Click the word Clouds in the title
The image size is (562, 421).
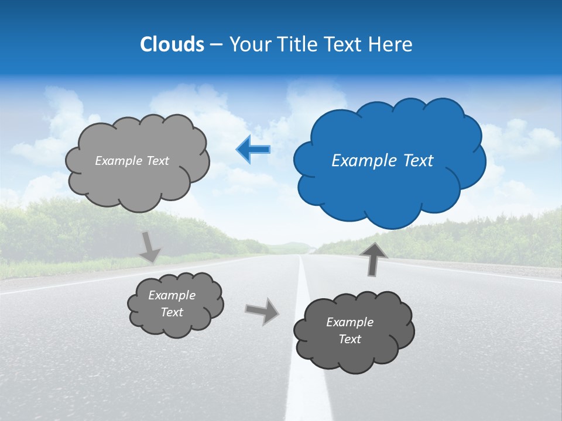click(172, 44)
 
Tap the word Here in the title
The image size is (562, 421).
click(392, 44)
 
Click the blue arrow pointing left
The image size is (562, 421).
click(253, 150)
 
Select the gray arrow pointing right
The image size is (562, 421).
click(262, 310)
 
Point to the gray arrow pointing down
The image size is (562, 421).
click(150, 247)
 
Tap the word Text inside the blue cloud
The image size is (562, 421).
click(416, 161)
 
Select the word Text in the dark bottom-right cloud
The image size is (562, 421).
click(349, 339)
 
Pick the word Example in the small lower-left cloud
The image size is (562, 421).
click(172, 295)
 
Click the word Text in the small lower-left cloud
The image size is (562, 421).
click(172, 312)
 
